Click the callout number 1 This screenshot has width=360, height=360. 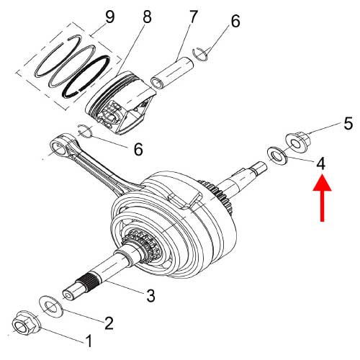(x=90, y=340)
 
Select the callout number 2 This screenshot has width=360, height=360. (x=108, y=322)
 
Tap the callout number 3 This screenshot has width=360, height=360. (x=151, y=294)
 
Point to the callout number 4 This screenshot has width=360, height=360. (x=321, y=163)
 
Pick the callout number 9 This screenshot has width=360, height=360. (x=109, y=14)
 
